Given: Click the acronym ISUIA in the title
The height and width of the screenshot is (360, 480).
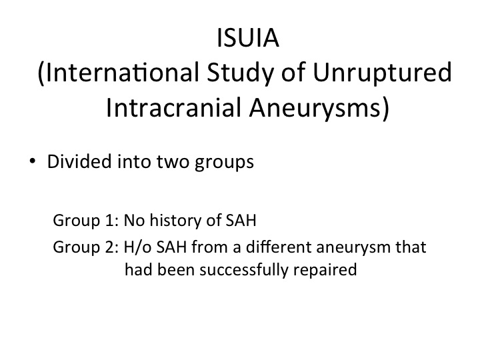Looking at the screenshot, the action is pyautogui.click(x=247, y=37).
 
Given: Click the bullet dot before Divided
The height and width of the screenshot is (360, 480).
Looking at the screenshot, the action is pyautogui.click(x=32, y=161).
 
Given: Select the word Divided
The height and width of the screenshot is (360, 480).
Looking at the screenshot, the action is pyautogui.click(x=79, y=161).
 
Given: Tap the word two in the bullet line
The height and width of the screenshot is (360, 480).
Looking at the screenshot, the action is pyautogui.click(x=173, y=162).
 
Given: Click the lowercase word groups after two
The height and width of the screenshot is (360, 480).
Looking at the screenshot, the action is pyautogui.click(x=225, y=163).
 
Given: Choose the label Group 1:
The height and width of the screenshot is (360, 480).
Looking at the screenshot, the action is pyautogui.click(x=86, y=221).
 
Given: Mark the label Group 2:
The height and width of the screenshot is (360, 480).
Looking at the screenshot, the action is pyautogui.click(x=86, y=247).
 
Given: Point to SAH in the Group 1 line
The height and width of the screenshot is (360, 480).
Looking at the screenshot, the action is pyautogui.click(x=241, y=221).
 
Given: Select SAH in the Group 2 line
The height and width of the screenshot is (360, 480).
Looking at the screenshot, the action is pyautogui.click(x=171, y=247).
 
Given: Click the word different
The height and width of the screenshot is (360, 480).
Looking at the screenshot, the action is pyautogui.click(x=279, y=247).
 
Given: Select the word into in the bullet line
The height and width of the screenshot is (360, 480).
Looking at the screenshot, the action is pyautogui.click(x=134, y=161).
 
